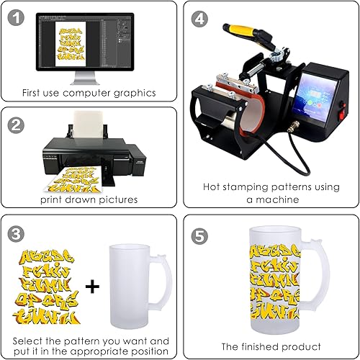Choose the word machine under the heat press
(x=271, y=199)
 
